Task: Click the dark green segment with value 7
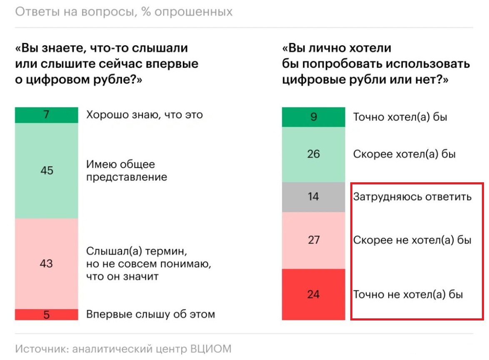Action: coord(47,115)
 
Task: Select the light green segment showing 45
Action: coord(47,171)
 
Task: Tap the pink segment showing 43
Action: coord(47,263)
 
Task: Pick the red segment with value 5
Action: coord(47,315)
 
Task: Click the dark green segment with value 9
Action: coord(313,117)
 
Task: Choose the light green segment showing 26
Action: coord(313,154)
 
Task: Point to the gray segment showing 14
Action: coord(313,197)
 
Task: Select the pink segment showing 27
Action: coord(313,240)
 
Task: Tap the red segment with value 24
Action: coord(313,294)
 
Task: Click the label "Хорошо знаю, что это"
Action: coord(145,114)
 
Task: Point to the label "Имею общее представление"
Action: coord(127,171)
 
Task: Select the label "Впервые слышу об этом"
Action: coord(150,314)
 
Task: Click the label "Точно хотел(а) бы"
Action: coord(400,117)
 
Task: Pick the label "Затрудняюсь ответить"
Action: coord(412,196)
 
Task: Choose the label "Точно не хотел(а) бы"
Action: coord(408,295)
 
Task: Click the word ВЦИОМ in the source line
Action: coord(211,348)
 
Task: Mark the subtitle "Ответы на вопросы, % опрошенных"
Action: coord(124,12)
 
